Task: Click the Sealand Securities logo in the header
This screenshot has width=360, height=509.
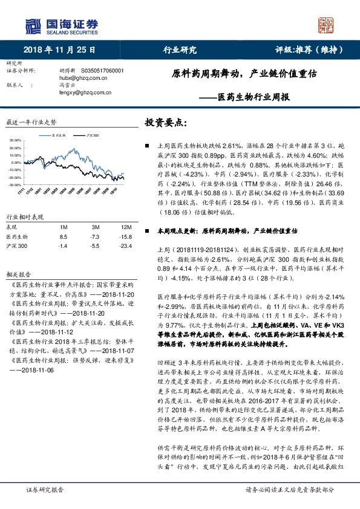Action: click(61, 26)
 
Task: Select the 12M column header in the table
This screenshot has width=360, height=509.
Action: click(110, 226)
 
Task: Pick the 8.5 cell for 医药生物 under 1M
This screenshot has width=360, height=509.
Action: click(64, 237)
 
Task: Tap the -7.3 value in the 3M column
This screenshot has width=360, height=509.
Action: click(87, 237)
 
